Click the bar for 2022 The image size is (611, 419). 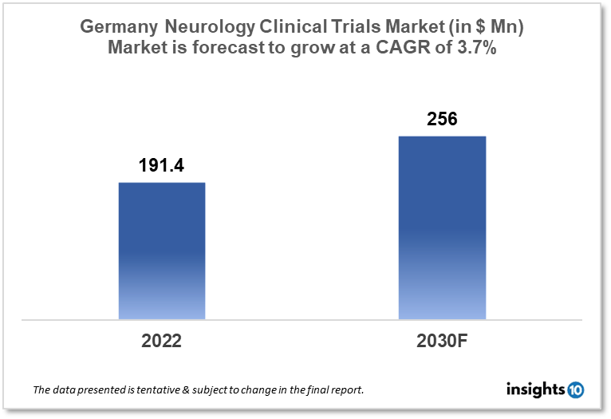[162, 251]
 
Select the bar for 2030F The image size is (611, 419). [442, 227]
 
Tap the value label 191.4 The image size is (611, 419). [162, 166]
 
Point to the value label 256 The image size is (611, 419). [442, 119]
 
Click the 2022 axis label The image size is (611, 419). [162, 341]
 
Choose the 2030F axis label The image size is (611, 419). [442, 341]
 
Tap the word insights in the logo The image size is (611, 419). [535, 389]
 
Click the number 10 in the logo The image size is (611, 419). [575, 390]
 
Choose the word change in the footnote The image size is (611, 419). [265, 390]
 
